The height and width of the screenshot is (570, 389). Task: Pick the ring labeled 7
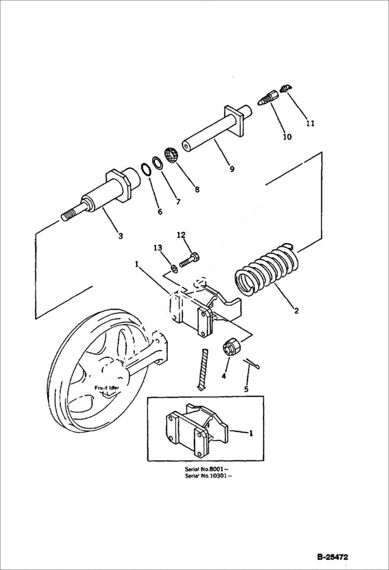coord(158,162)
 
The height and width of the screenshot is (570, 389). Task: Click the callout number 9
coord(232,169)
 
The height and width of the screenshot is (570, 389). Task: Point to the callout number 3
coord(120,236)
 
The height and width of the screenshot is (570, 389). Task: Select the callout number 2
coord(296,311)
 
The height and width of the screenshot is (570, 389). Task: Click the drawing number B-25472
coord(332,557)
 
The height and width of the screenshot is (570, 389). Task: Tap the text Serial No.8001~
coord(206,469)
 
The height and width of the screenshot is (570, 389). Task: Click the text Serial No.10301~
coord(208,476)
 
